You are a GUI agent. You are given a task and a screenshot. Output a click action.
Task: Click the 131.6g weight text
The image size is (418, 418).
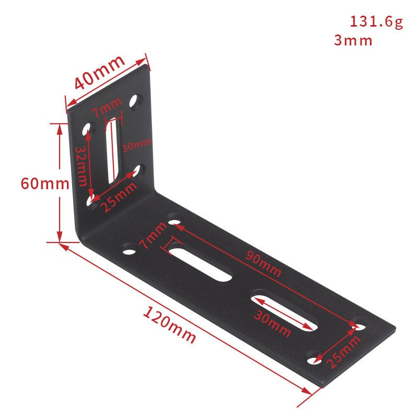pos(376,22)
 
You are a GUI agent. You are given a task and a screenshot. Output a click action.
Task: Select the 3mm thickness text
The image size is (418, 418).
pos(353,40)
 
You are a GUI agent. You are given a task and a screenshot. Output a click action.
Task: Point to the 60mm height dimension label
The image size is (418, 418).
pos(44,183)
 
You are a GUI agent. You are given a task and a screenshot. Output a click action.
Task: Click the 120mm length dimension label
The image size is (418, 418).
pos(169,325)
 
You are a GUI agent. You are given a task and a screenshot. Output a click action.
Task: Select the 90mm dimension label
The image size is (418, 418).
pos(263,264)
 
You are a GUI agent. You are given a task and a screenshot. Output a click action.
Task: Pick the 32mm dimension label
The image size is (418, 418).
pos(80,166)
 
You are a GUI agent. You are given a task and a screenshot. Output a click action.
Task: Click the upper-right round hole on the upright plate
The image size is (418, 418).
pos(137,100)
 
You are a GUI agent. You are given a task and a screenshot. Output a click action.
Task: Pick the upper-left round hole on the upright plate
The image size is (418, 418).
pos(88,128)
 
